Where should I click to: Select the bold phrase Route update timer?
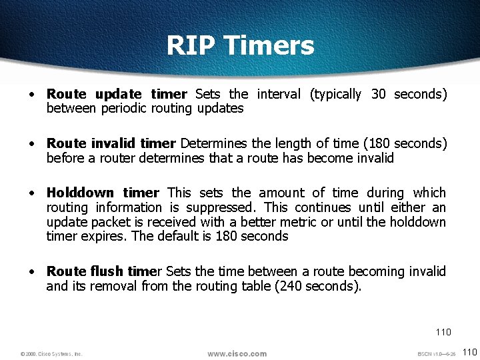pos(117,95)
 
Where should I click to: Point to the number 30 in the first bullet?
pos(378,95)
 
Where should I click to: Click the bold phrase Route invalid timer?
pos(111,144)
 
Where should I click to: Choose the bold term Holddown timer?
pos(103,193)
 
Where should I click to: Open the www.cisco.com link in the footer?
pos(237,353)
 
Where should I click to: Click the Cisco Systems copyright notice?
pos(51,354)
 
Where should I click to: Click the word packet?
pos(105,222)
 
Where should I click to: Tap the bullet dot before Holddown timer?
pos(31,193)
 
